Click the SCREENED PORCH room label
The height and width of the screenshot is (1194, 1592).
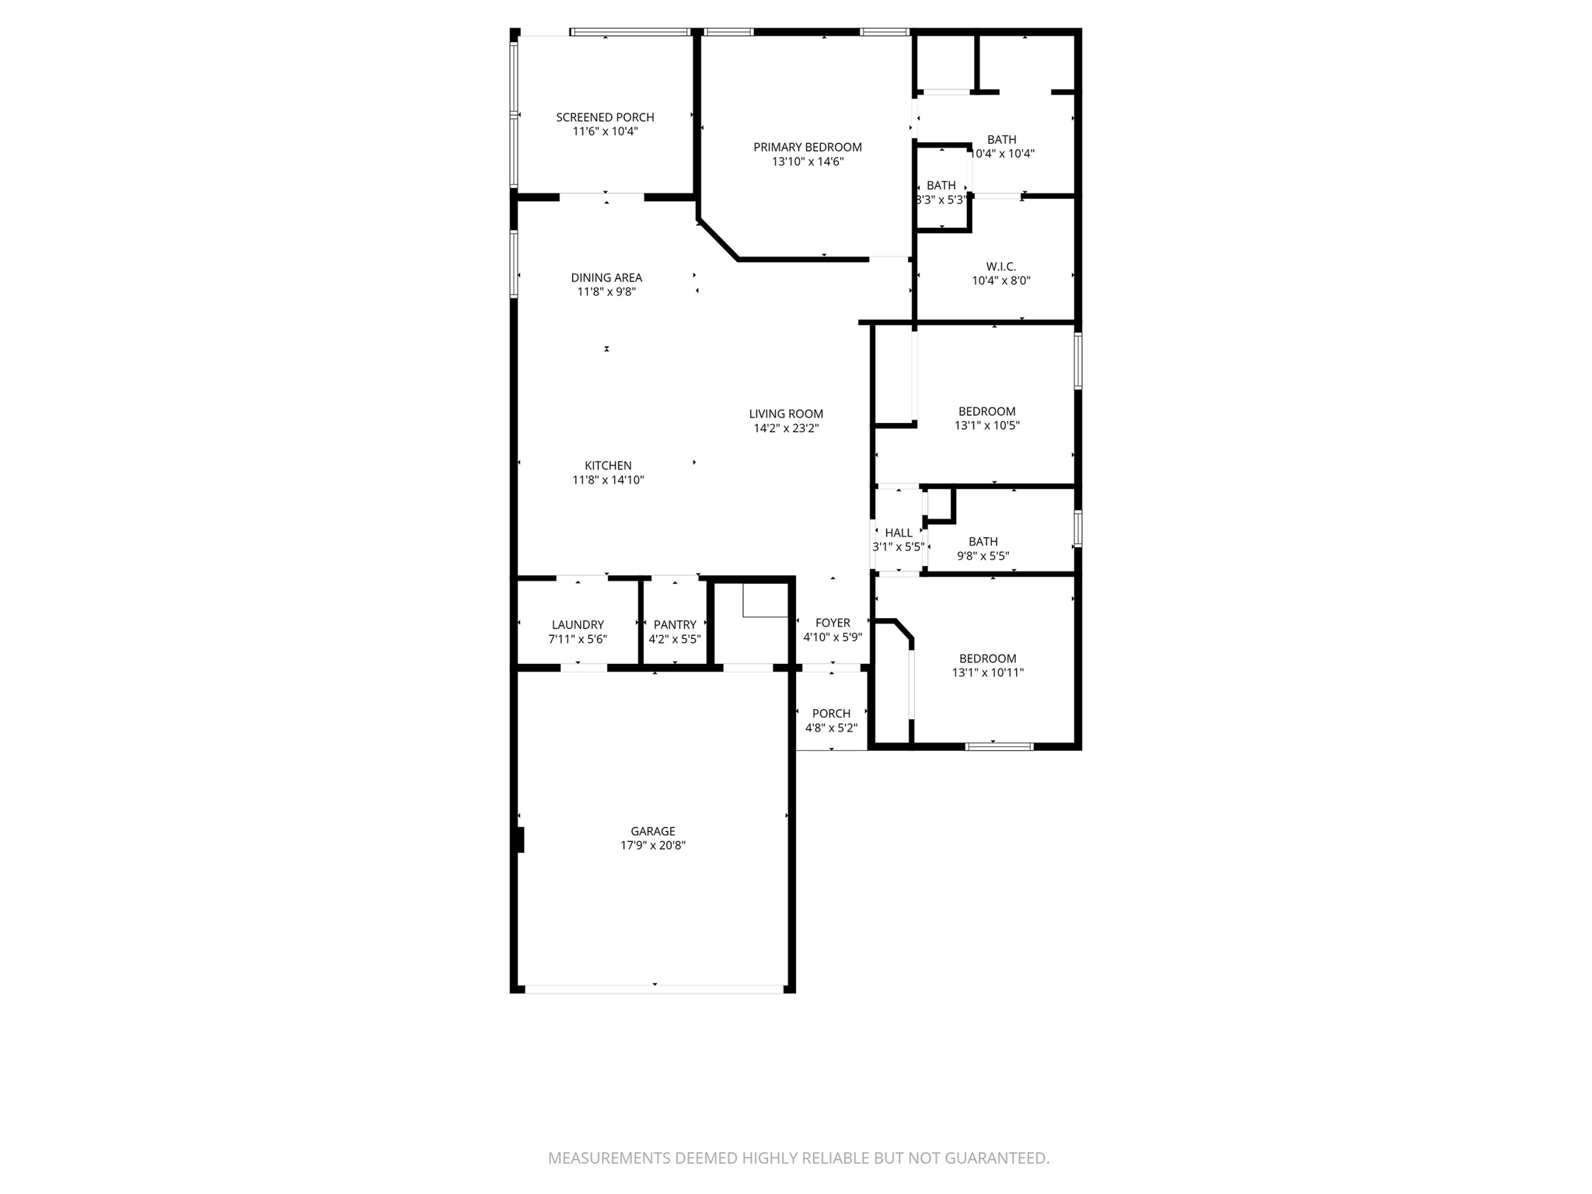605,117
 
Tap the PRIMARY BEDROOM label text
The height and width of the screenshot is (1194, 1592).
807,147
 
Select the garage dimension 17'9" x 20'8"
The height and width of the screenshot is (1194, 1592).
652,845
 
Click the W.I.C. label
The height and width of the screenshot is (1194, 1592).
1000,267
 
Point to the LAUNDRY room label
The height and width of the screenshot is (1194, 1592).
577,624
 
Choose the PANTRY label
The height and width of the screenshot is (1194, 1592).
675,624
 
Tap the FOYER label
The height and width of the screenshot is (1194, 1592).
833,623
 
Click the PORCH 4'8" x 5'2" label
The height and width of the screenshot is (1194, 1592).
831,721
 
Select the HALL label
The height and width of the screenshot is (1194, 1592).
899,532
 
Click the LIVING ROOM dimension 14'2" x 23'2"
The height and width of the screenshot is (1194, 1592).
786,428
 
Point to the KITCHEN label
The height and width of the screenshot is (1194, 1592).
608,466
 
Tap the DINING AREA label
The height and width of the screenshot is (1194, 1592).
606,278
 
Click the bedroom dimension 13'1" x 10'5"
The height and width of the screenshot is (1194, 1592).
986,425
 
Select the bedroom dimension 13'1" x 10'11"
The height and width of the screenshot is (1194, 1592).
987,672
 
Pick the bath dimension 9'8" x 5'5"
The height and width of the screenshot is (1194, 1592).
983,556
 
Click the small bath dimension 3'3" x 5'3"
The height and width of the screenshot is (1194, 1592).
941,200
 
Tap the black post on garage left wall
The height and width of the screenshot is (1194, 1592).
520,840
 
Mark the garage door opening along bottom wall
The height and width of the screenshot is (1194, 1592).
654,989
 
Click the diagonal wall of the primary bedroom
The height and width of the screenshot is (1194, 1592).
718,240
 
